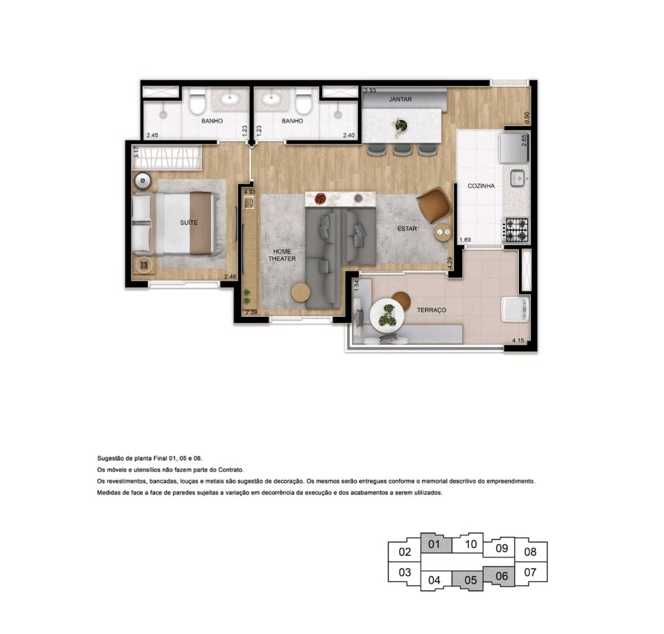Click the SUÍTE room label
pos(189,223)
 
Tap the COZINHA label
pos(481,186)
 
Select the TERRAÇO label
pos(432,310)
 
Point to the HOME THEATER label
pos(282,255)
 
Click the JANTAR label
pos(400,99)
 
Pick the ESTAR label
pos(407,229)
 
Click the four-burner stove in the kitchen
pos(516,230)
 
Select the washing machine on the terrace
pos(515,309)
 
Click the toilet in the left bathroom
pos(197,101)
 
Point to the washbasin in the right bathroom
pos(270,99)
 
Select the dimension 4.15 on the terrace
pos(518,340)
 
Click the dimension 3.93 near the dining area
pos(370,90)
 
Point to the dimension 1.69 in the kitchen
pos(465,240)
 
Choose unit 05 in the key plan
pos(470,581)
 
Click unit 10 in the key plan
pos(470,544)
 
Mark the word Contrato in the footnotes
pos(231,470)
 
